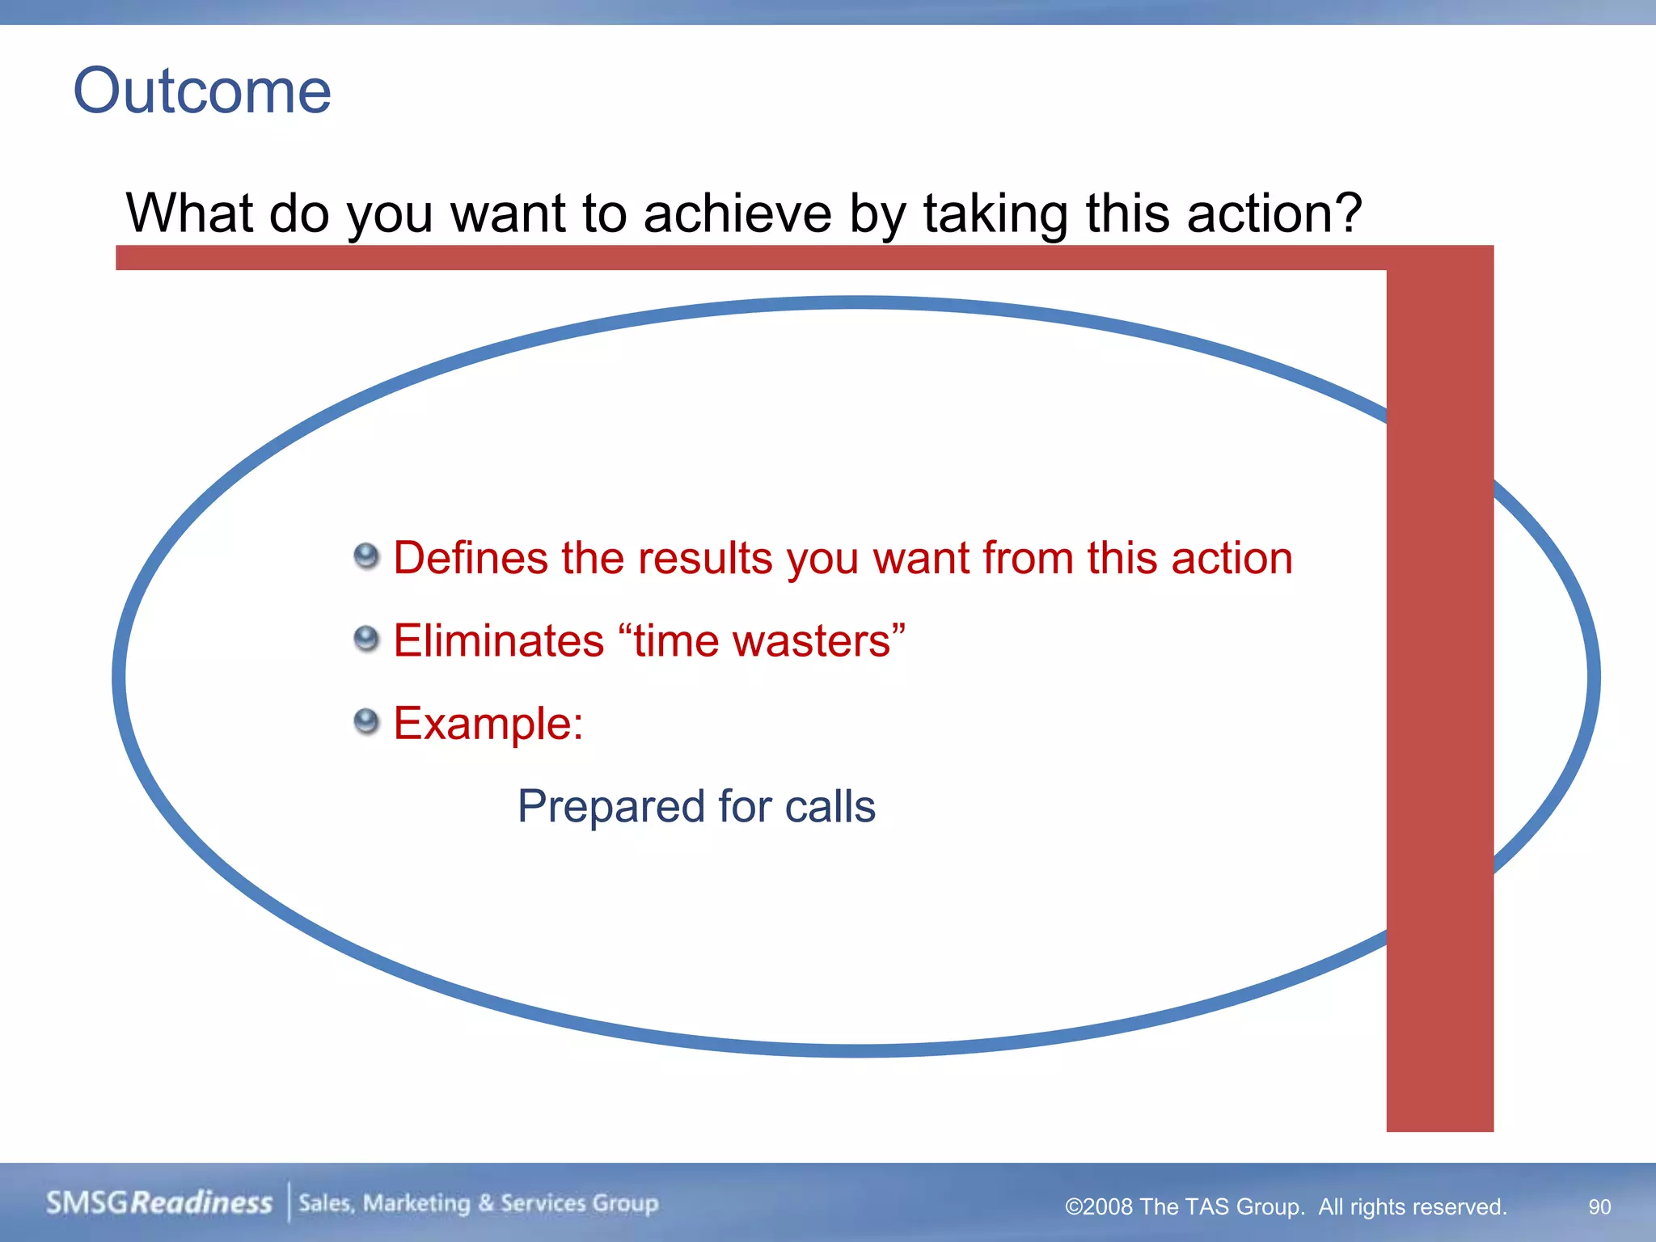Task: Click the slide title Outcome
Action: pyautogui.click(x=202, y=91)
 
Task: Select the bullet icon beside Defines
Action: pyautogui.click(x=366, y=556)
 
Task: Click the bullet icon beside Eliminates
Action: pyautogui.click(x=366, y=640)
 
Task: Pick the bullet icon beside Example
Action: pyautogui.click(x=366, y=721)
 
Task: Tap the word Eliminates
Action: pyautogui.click(x=498, y=640)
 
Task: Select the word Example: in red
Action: pyautogui.click(x=488, y=723)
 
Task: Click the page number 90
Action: pyautogui.click(x=1599, y=1206)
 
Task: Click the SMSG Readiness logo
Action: pyautogui.click(x=159, y=1202)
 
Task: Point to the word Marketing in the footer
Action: pyautogui.click(x=416, y=1203)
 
